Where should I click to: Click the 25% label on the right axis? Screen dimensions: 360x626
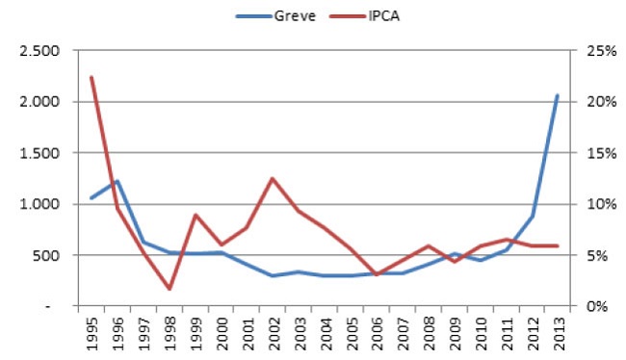pos(587,51)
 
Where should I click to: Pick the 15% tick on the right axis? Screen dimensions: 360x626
pos(587,153)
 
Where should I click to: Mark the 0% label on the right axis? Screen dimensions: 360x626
pos(585,306)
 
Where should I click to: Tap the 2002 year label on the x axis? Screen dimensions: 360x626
pos(273,332)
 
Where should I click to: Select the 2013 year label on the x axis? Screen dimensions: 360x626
pos(558,332)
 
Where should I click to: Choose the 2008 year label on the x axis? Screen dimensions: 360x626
pos(428,332)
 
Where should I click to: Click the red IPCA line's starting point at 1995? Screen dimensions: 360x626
pos(91,77)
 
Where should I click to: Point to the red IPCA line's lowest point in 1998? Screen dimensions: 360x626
pos(169,289)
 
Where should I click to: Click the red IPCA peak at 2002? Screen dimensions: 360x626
pos(273,178)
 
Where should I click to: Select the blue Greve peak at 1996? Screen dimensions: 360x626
pos(117,181)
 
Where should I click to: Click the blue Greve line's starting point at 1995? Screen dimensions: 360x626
pos(91,198)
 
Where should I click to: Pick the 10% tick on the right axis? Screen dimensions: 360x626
pos(587,204)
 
